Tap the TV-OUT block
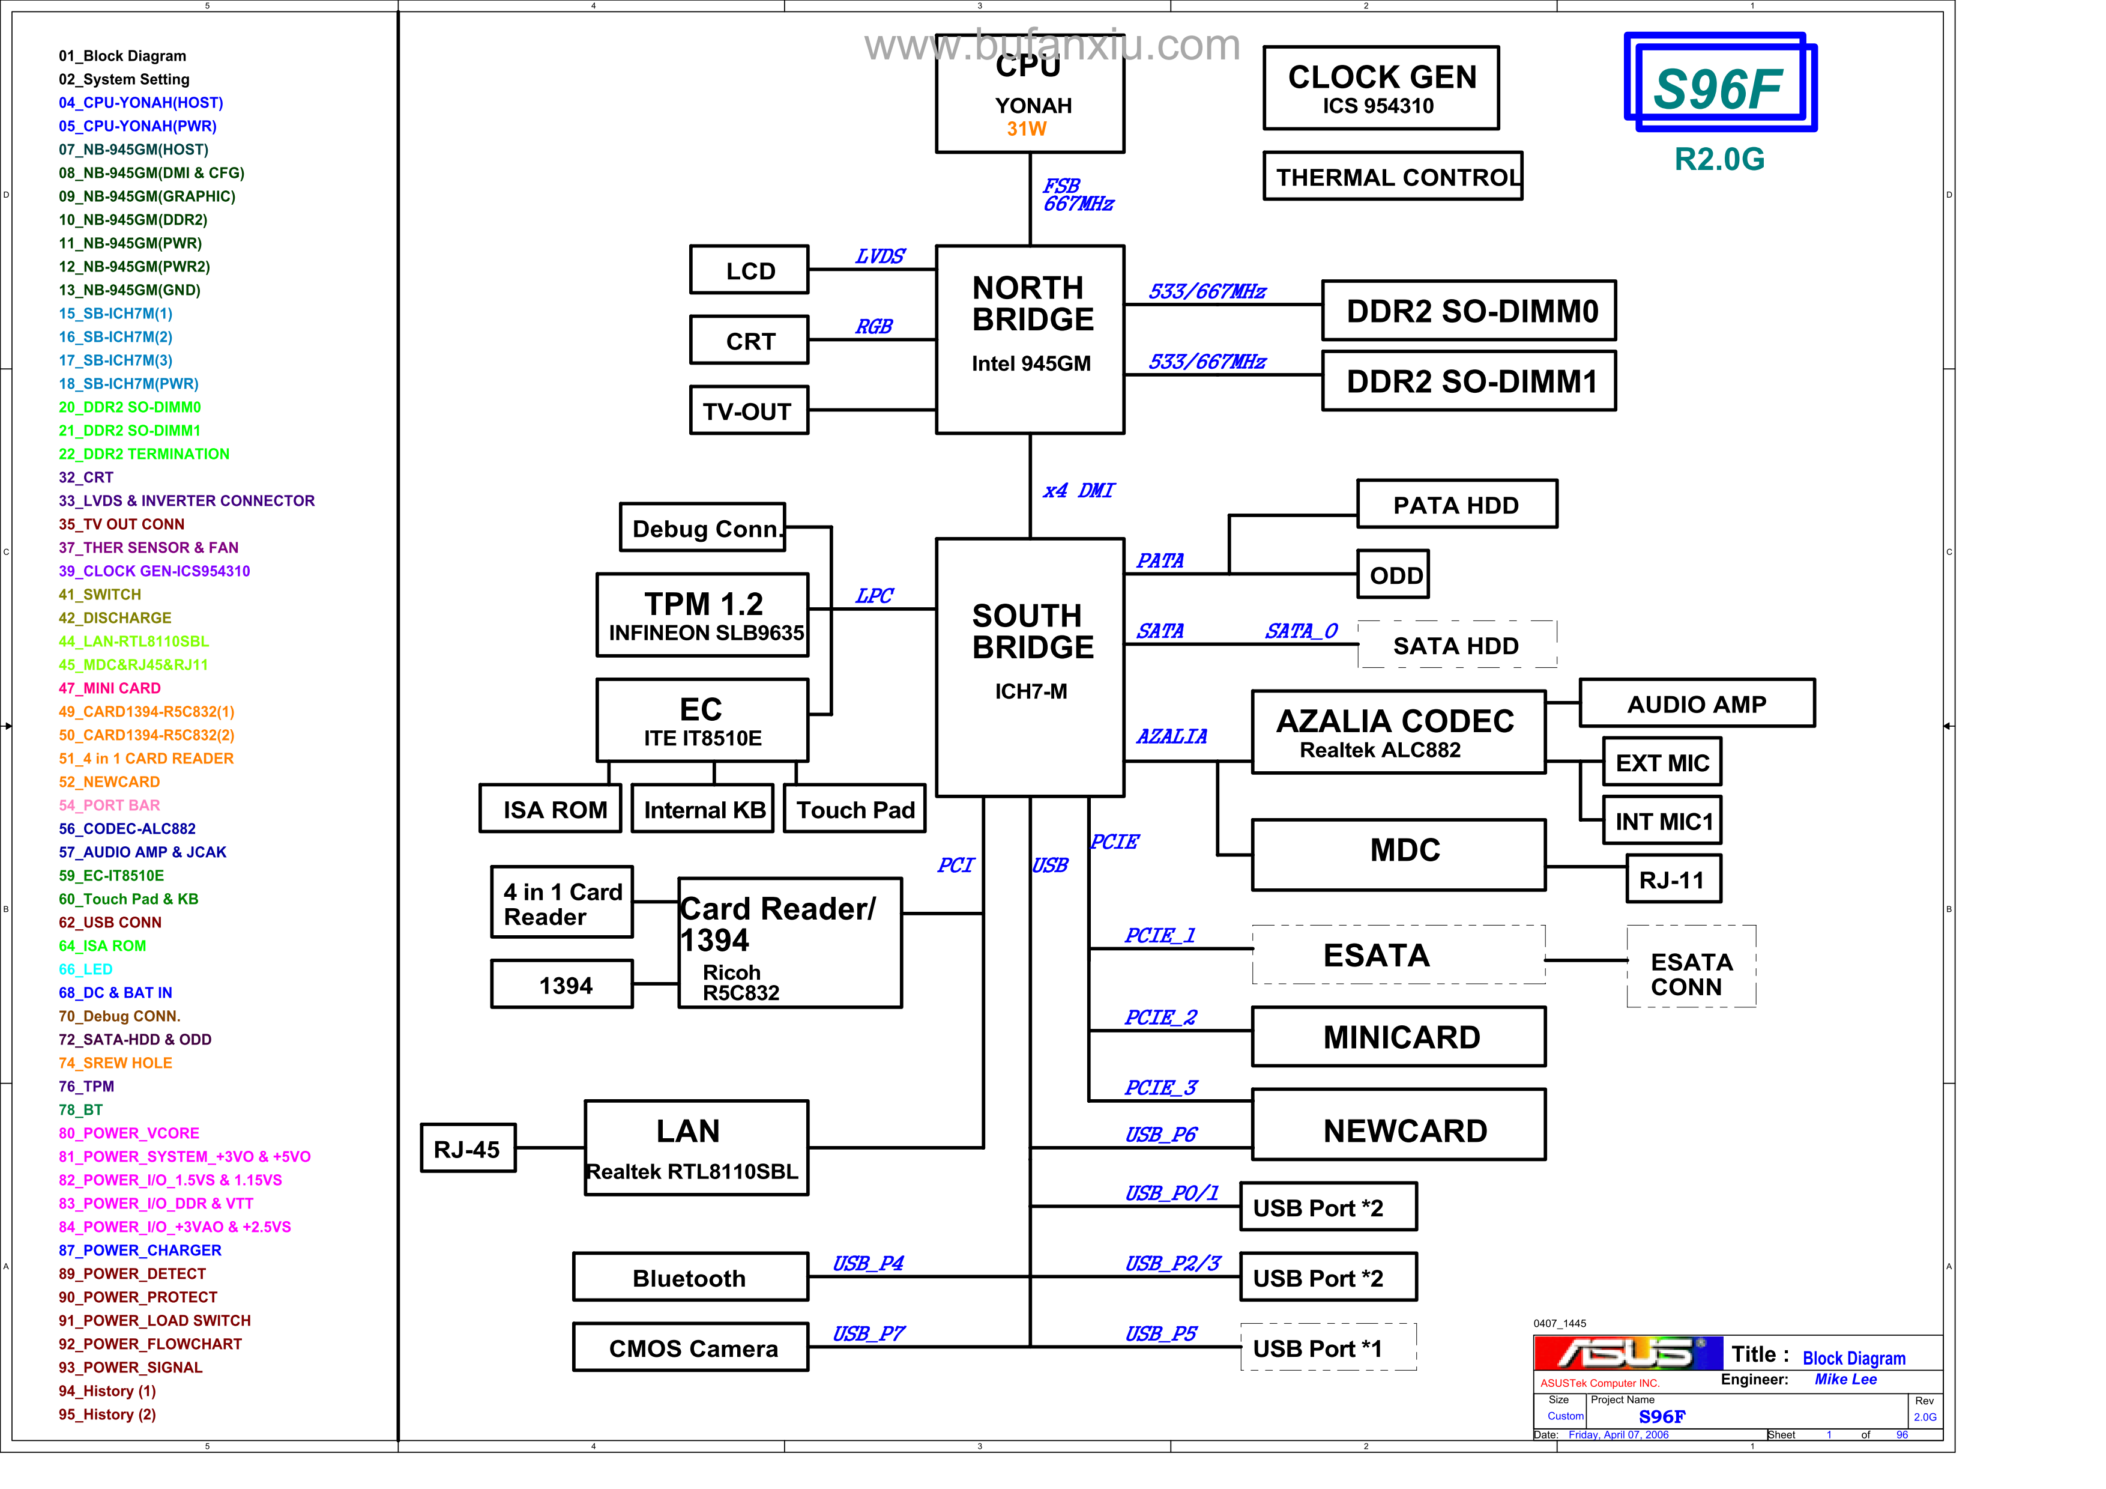pyautogui.click(x=749, y=410)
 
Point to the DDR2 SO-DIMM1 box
pyautogui.click(x=1468, y=381)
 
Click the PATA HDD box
pyautogui.click(x=1456, y=505)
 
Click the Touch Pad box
pyautogui.click(x=855, y=809)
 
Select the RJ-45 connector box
pyautogui.click(x=468, y=1148)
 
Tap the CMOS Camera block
pyautogui.click(x=690, y=1348)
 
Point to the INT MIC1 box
pyautogui.click(x=1662, y=821)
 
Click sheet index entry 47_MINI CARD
pyautogui.click(x=110, y=688)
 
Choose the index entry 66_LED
pyautogui.click(x=86, y=969)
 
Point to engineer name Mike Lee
pyautogui.click(x=1845, y=1380)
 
